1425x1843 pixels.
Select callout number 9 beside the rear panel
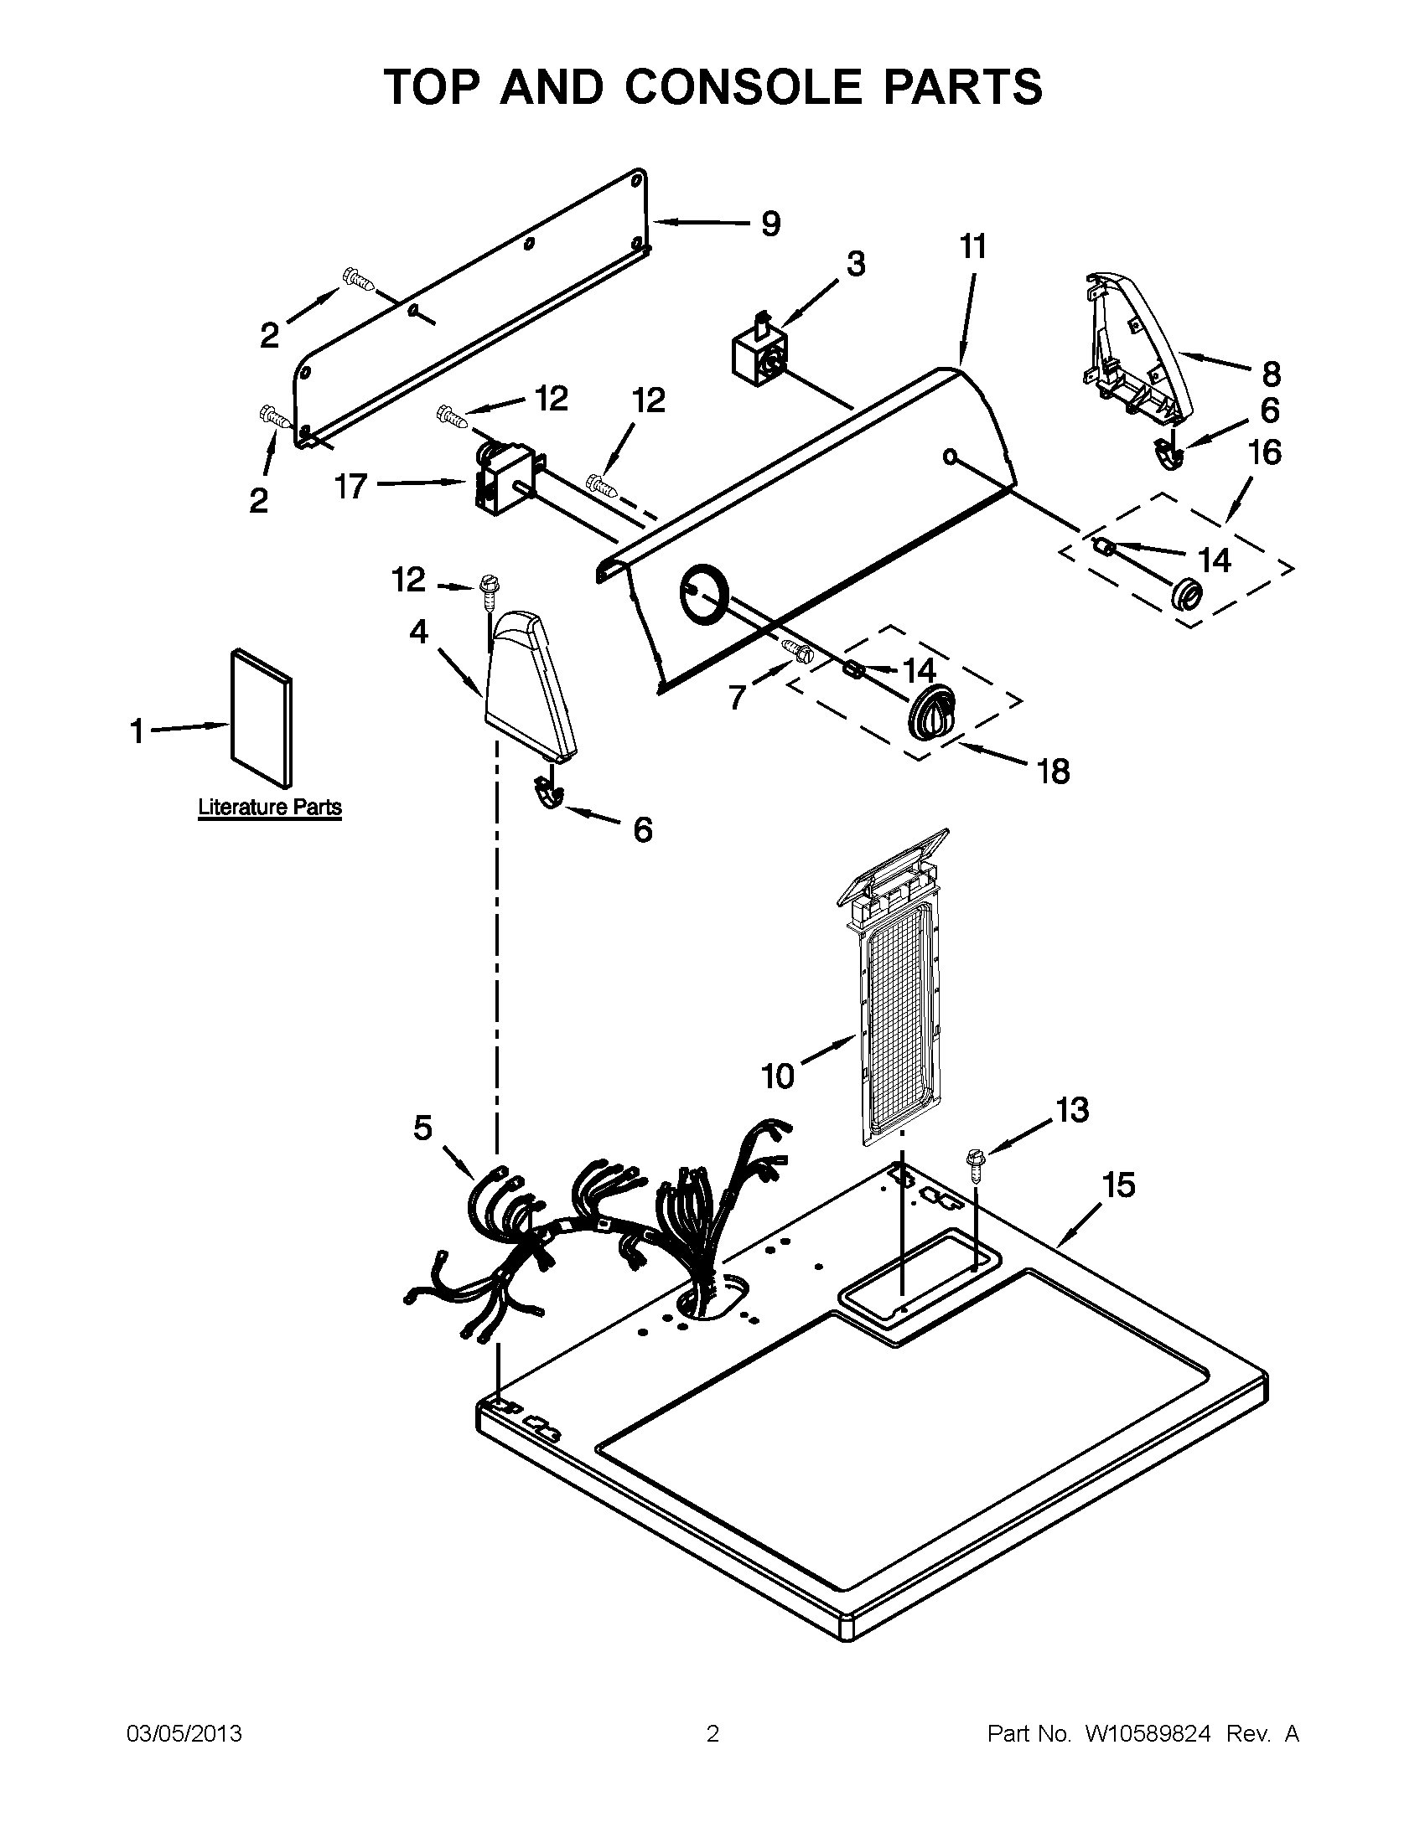tap(769, 225)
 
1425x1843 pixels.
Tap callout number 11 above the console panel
tap(972, 248)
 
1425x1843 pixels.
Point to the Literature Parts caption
tap(269, 808)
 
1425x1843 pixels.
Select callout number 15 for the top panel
tap(1118, 1185)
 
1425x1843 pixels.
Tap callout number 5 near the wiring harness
tap(423, 1128)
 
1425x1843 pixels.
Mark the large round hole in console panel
tap(702, 595)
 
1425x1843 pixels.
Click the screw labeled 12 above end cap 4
tap(489, 586)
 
